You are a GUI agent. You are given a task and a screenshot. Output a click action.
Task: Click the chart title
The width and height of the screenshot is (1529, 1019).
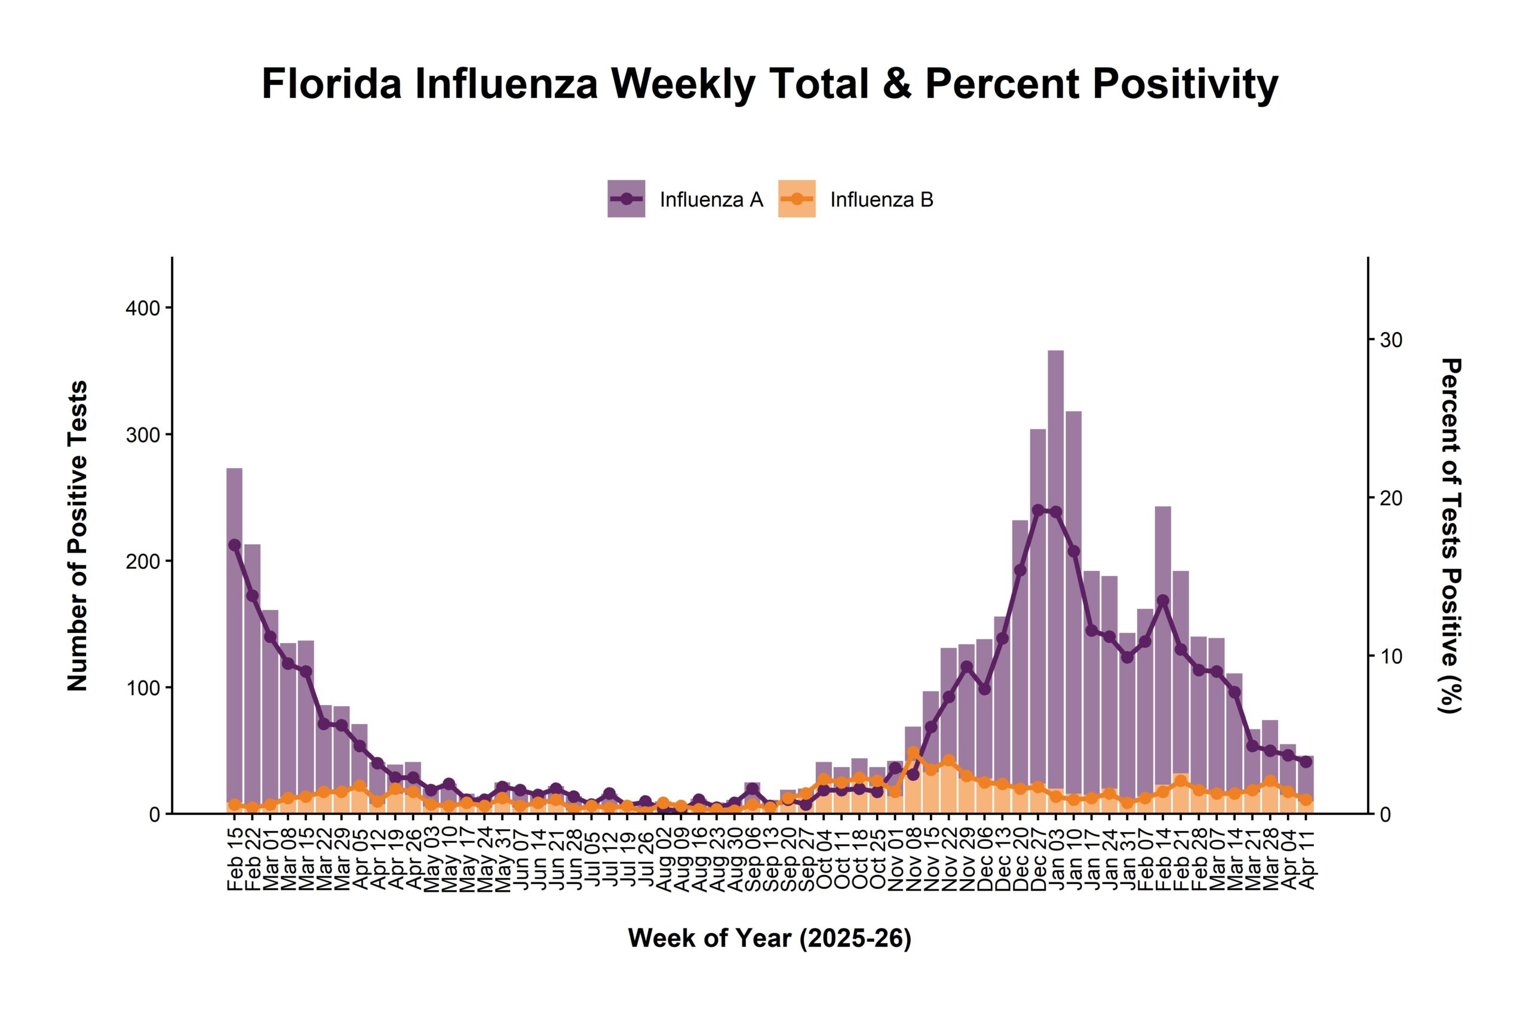click(770, 85)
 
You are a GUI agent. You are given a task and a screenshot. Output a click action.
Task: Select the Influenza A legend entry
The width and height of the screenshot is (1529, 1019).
click(685, 199)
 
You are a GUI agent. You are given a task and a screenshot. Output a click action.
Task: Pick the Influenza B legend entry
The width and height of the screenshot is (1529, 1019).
click(855, 199)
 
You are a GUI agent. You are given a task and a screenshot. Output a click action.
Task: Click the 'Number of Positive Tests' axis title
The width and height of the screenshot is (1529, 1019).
click(78, 535)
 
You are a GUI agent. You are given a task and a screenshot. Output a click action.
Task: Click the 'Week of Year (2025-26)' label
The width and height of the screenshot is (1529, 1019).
click(770, 938)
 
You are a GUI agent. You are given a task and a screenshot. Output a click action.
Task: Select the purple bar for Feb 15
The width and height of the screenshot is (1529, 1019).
click(234, 650)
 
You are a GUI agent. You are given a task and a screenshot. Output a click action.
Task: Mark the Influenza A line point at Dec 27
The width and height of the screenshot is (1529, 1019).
click(1038, 510)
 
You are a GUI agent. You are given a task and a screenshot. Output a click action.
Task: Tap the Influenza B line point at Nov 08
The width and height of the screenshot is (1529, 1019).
click(913, 753)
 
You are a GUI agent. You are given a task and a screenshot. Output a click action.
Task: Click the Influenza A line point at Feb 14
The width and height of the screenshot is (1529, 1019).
click(1163, 601)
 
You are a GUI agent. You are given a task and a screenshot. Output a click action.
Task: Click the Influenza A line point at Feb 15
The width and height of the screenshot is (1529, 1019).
click(234, 545)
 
